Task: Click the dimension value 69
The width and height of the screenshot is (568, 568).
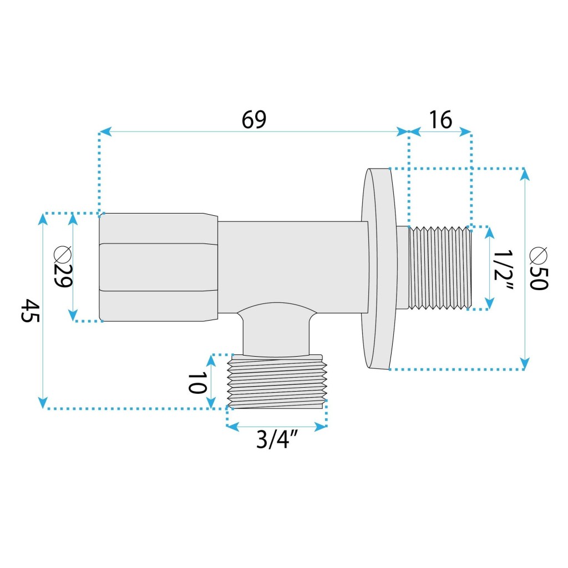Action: (x=253, y=120)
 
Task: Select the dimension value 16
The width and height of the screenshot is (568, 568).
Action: (x=440, y=120)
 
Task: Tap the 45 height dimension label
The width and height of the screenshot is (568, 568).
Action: (x=30, y=311)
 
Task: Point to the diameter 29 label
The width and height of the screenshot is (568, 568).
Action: (x=63, y=267)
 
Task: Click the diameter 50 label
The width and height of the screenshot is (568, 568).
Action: (x=538, y=268)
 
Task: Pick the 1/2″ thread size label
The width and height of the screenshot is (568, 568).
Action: (x=504, y=270)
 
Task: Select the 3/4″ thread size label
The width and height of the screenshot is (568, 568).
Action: (x=277, y=440)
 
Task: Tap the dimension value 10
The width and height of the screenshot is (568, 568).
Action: (x=197, y=383)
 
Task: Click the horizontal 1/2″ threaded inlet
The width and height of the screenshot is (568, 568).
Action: (x=440, y=268)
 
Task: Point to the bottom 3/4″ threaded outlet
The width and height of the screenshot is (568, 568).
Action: (x=277, y=382)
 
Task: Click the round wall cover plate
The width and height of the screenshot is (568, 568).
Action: (x=379, y=268)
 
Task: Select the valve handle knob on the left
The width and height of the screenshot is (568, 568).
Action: (x=158, y=267)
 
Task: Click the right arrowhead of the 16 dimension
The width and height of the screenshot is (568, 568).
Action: (x=465, y=132)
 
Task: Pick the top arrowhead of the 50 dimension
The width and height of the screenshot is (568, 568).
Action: (x=525, y=175)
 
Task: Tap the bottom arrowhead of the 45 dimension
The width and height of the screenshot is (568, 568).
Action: (x=43, y=402)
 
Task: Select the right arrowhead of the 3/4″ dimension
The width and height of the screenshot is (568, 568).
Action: (x=321, y=427)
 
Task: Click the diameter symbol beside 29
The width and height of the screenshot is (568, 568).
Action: (x=63, y=253)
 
